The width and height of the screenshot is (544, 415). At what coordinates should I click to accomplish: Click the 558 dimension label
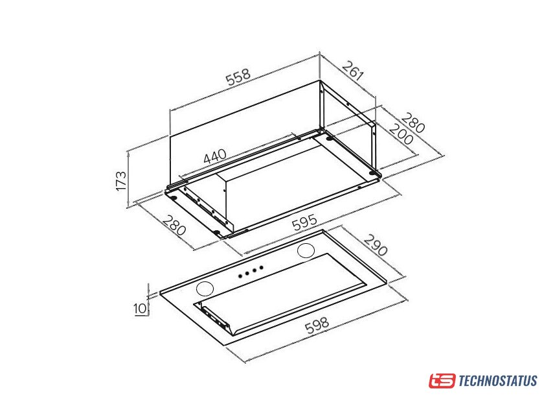(238, 77)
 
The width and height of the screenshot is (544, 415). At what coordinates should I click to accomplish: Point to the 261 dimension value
(353, 71)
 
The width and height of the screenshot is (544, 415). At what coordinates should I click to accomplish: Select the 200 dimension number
(402, 134)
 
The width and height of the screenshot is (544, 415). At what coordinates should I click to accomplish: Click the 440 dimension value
(215, 156)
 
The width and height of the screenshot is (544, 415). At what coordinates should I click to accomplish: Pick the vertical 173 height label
(121, 180)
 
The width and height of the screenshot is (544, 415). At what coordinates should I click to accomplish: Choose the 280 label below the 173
(174, 225)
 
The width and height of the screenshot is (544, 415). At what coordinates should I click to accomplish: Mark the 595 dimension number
(304, 222)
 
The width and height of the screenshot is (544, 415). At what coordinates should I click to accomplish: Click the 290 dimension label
(376, 245)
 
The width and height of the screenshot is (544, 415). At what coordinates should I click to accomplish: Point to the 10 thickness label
(141, 308)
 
